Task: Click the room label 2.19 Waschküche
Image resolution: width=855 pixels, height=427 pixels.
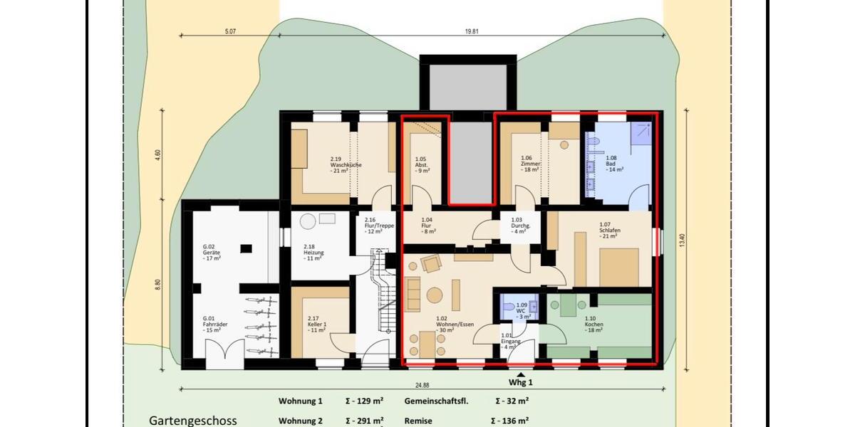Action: [346, 164]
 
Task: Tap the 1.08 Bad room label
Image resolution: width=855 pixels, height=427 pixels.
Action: [613, 164]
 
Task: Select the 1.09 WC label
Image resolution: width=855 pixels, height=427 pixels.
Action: [522, 311]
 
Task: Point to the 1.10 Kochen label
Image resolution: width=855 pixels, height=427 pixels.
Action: [594, 325]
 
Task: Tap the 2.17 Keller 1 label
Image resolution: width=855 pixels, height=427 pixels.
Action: [316, 325]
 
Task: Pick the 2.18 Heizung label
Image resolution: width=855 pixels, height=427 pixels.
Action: [313, 253]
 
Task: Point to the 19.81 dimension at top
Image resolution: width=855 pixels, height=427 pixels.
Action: [470, 31]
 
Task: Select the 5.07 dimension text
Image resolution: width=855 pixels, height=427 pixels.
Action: [229, 31]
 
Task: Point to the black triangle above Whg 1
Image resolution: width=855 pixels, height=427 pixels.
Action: [522, 374]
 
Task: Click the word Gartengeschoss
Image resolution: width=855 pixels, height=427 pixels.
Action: [192, 421]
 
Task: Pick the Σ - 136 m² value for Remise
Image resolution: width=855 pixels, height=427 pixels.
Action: [512, 421]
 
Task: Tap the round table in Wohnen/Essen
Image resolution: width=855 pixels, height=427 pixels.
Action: [435, 295]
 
